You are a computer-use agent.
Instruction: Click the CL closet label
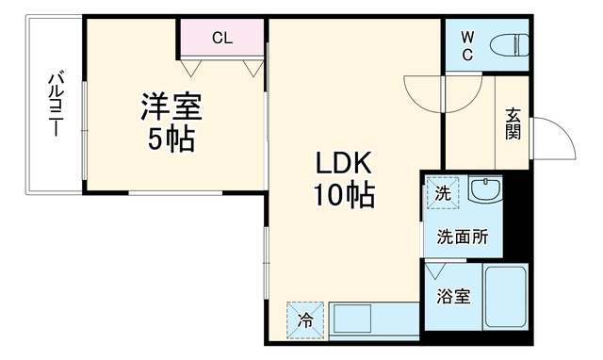(222, 38)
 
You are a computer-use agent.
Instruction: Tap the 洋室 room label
(171, 106)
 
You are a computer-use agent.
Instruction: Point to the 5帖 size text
(171, 139)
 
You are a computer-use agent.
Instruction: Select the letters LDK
(343, 163)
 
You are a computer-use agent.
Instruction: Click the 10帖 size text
(343, 195)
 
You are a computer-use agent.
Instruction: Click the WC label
(467, 46)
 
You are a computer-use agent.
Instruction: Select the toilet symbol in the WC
(509, 45)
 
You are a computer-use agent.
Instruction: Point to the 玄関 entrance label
(513, 123)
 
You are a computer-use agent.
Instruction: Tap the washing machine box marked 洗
(443, 193)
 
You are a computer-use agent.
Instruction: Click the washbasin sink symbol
(485, 189)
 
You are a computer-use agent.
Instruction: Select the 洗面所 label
(463, 237)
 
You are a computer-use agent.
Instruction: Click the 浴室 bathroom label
(453, 297)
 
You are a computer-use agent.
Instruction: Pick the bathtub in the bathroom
(505, 296)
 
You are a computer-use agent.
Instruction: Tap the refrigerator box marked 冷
(305, 320)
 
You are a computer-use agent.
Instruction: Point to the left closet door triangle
(191, 68)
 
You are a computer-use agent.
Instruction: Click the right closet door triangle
(253, 68)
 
